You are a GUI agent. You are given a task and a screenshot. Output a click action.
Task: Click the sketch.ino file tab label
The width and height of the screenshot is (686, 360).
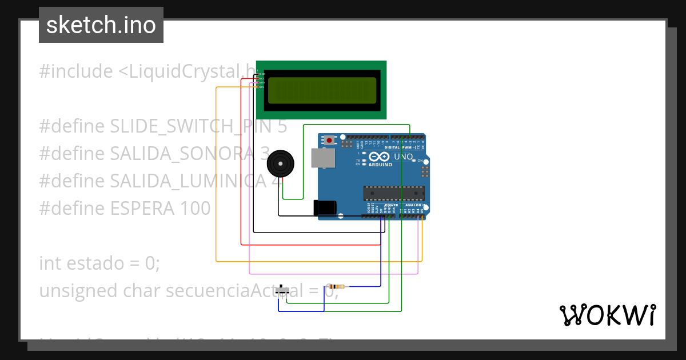(x=101, y=25)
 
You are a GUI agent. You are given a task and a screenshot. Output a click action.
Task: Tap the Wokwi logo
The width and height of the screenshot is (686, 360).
(x=607, y=315)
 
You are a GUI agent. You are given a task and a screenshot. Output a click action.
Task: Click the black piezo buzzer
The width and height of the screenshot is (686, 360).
(x=281, y=164)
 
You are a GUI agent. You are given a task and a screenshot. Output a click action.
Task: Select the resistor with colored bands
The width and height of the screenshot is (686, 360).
(x=337, y=287)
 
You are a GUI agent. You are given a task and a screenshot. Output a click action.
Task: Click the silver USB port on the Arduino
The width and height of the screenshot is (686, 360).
(x=323, y=158)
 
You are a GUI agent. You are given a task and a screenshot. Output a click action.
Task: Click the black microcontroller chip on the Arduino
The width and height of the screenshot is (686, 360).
(x=394, y=194)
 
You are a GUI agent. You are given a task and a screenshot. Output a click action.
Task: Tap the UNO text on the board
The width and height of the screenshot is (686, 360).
(x=404, y=157)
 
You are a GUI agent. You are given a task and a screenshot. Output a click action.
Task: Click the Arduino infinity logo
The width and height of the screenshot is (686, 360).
(x=380, y=157)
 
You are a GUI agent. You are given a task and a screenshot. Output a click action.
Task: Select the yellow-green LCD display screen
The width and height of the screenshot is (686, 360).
(x=322, y=90)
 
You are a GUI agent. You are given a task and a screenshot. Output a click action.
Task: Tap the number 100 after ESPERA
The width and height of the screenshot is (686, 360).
(x=195, y=208)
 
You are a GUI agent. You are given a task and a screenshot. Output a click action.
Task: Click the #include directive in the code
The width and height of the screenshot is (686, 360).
(x=76, y=71)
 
